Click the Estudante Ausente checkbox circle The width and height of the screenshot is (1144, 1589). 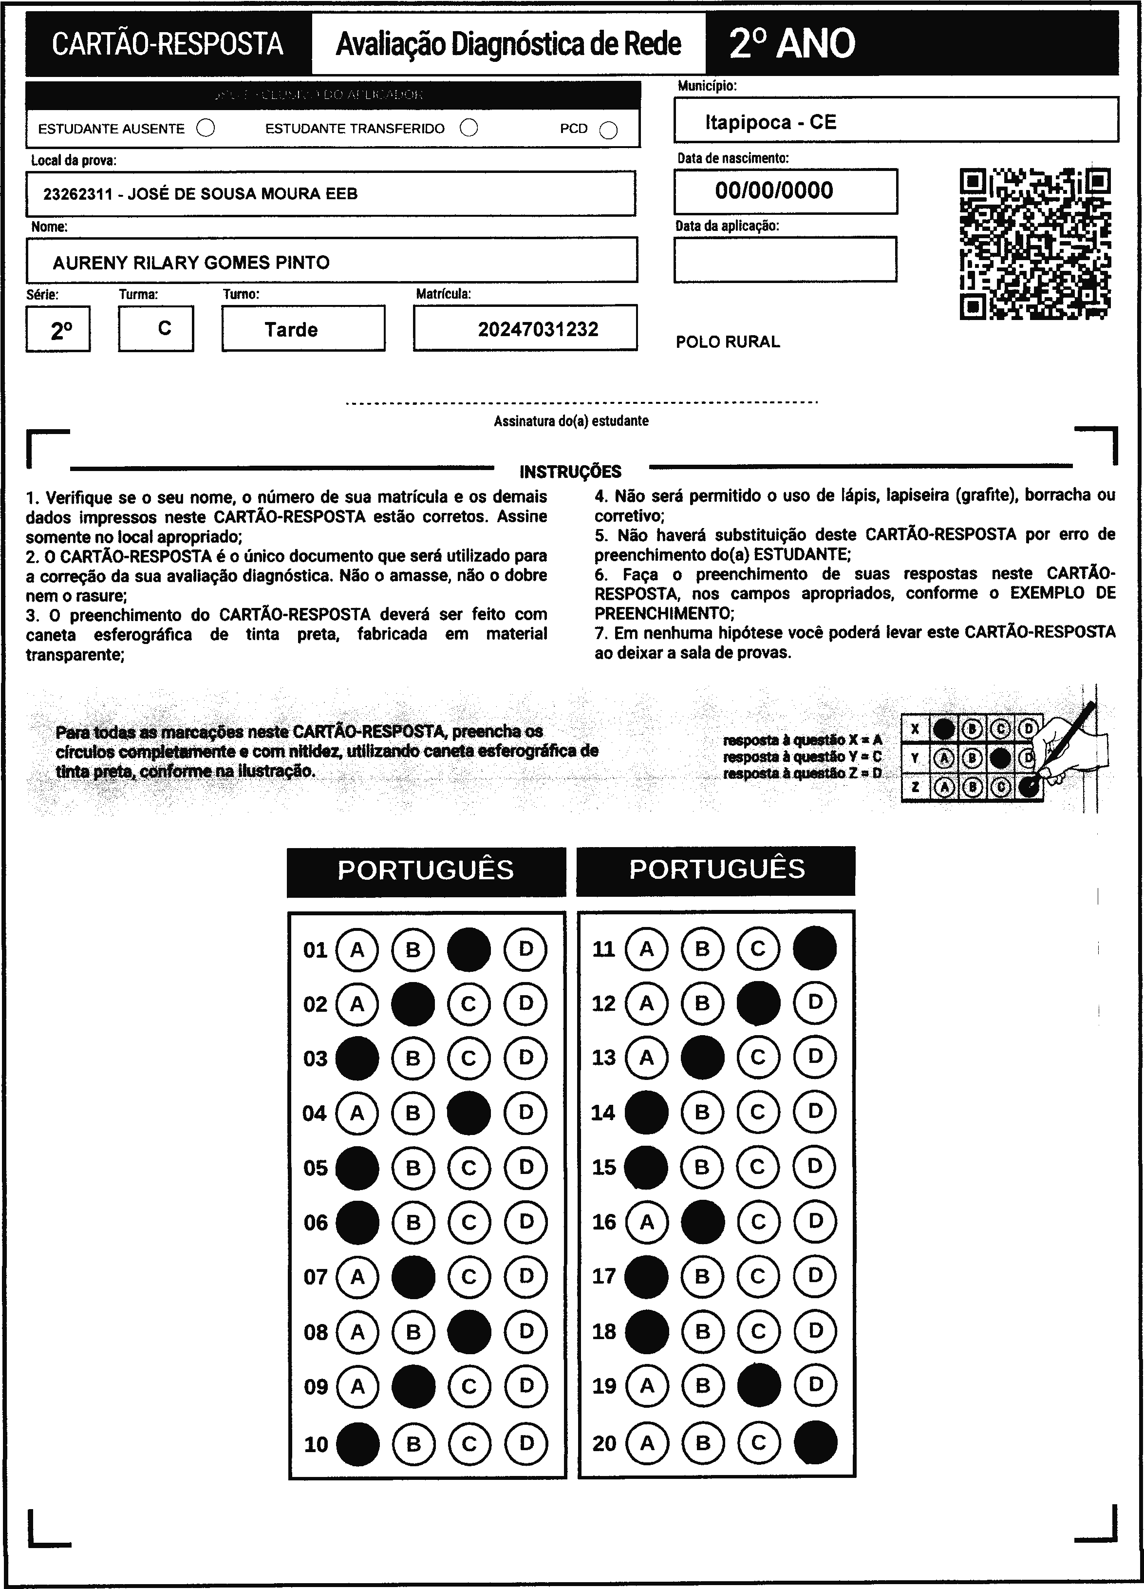pyautogui.click(x=206, y=128)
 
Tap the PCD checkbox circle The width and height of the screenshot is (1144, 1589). pyautogui.click(x=609, y=131)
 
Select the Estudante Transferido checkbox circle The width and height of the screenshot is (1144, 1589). pyautogui.click(x=469, y=128)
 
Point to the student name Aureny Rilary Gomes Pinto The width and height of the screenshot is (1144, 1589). pyautogui.click(x=191, y=263)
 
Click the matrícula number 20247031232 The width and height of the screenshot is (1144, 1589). pyautogui.click(x=538, y=329)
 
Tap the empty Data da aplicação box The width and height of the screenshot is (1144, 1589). pyautogui.click(x=785, y=259)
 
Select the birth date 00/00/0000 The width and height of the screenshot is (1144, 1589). pyautogui.click(x=774, y=190)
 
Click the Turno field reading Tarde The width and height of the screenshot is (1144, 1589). pyautogui.click(x=291, y=329)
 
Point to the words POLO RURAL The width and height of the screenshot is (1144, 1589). pyautogui.click(x=727, y=342)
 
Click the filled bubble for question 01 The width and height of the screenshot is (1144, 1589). pyautogui.click(x=469, y=949)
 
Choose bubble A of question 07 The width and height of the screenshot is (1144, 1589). pyautogui.click(x=357, y=1277)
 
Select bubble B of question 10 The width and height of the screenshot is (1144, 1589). pyautogui.click(x=413, y=1443)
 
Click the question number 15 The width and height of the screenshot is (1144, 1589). pyautogui.click(x=604, y=1167)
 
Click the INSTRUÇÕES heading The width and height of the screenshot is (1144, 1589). pyautogui.click(x=570, y=472)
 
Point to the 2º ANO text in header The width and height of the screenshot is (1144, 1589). pyautogui.click(x=791, y=43)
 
